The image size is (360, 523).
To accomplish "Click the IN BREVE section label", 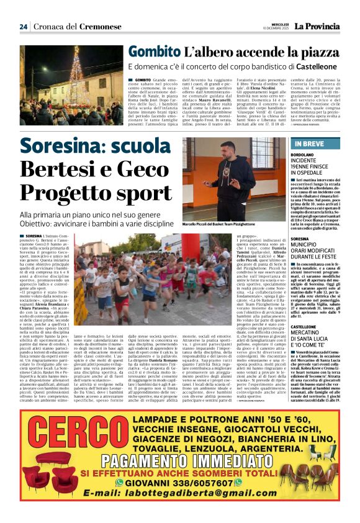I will point(307,144).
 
